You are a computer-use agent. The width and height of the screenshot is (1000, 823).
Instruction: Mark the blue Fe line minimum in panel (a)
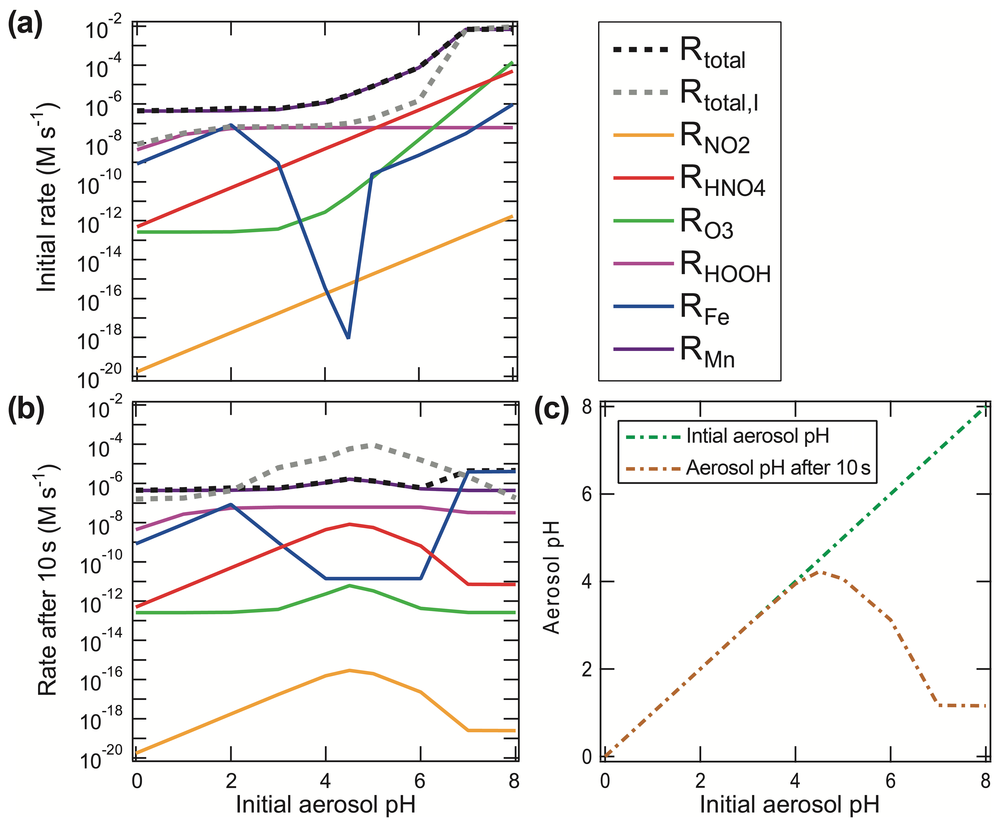pos(348,337)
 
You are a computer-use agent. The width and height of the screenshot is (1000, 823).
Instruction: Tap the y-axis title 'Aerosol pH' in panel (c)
pos(551,577)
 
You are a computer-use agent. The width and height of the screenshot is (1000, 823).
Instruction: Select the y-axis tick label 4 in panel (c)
pos(587,581)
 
